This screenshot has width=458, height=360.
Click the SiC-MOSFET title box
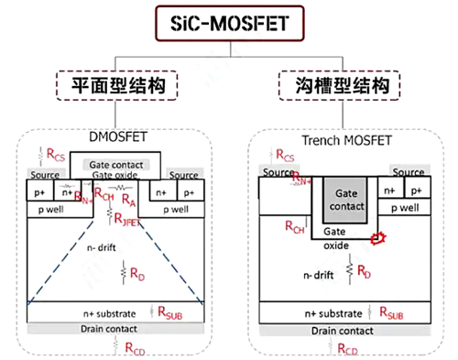point(229,19)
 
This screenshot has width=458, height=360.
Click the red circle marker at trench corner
point(376,240)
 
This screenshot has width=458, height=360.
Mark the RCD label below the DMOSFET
point(133,345)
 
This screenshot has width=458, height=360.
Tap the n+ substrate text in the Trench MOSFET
point(322,313)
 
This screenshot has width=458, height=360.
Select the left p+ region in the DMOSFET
point(40,193)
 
